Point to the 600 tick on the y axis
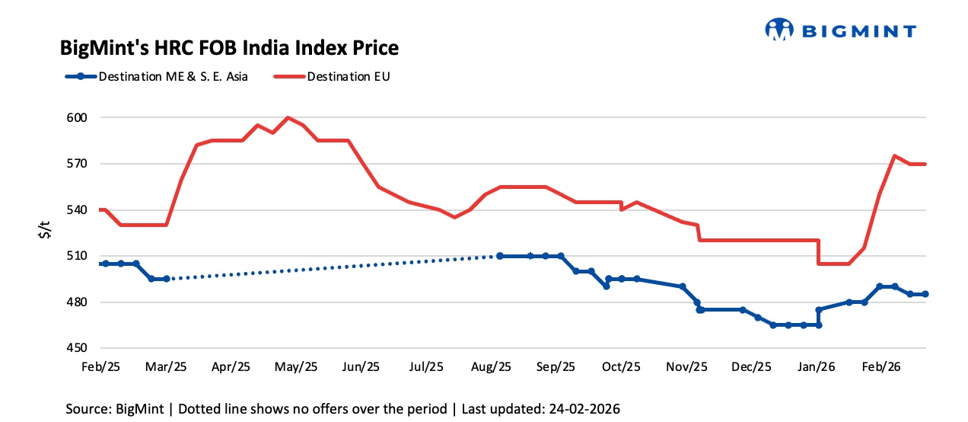[80, 118]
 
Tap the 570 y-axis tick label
[80, 164]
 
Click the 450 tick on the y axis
[80, 348]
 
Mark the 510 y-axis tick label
[80, 256]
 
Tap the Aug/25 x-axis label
[492, 366]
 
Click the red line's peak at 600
[288, 117]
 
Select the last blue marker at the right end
[925, 294]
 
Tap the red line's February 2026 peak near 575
[894, 155]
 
